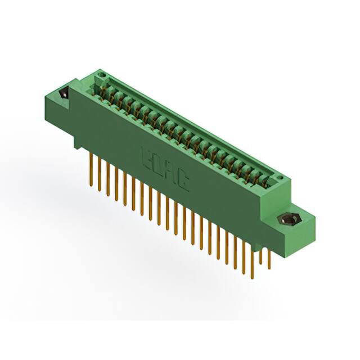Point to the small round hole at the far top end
tap(102, 73)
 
